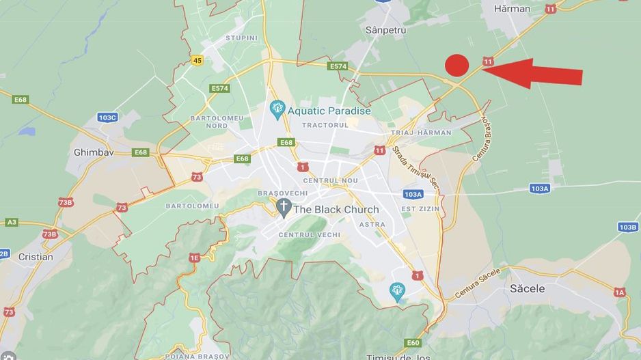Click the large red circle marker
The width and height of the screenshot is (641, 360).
pyautogui.click(x=456, y=65)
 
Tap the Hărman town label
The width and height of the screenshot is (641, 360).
pyautogui.click(x=512, y=9)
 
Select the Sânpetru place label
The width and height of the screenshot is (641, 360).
pyautogui.click(x=385, y=30)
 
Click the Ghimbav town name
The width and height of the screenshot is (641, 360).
pyautogui.click(x=93, y=152)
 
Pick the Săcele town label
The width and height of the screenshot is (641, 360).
pyautogui.click(x=528, y=289)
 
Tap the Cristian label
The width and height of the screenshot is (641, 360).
pyautogui.click(x=36, y=257)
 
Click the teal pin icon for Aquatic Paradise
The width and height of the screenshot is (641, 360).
pyautogui.click(x=277, y=108)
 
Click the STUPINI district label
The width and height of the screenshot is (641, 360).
pyautogui.click(x=241, y=38)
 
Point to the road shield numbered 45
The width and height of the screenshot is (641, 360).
pyautogui.click(x=197, y=60)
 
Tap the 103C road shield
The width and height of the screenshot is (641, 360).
pyautogui.click(x=107, y=117)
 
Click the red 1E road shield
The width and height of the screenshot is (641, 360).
pyautogui.click(x=195, y=258)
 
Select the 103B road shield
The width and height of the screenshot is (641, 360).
pyautogui.click(x=627, y=227)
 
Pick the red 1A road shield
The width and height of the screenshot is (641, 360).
pyautogui.click(x=619, y=292)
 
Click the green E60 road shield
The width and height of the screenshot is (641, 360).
pyautogui.click(x=413, y=343)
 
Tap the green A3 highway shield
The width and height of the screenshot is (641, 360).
pyautogui.click(x=12, y=222)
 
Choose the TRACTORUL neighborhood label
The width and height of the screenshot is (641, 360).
pyautogui.click(x=325, y=125)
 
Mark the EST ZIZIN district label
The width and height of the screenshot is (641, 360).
pyautogui.click(x=418, y=208)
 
